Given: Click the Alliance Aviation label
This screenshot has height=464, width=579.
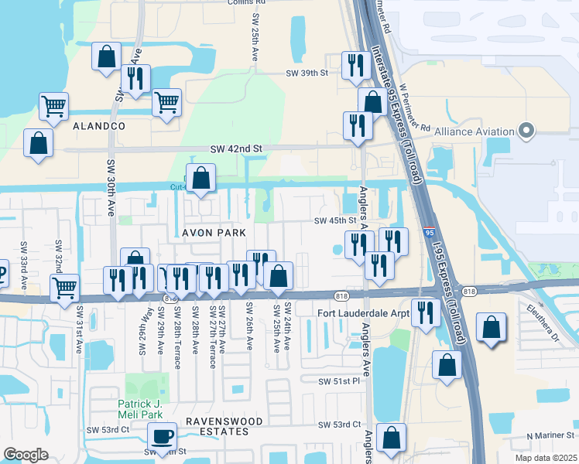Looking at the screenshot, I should [x=475, y=131].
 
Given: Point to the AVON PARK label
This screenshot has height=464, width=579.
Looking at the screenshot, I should [x=214, y=233].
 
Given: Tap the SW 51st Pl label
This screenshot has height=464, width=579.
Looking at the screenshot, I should [x=339, y=382].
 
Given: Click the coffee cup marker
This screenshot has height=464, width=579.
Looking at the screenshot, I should [x=163, y=438].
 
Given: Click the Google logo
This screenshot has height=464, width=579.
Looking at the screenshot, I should [x=26, y=455].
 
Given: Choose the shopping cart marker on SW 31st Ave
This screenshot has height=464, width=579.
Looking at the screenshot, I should [x=65, y=289].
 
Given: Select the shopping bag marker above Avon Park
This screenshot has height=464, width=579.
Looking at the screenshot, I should [x=201, y=179].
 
